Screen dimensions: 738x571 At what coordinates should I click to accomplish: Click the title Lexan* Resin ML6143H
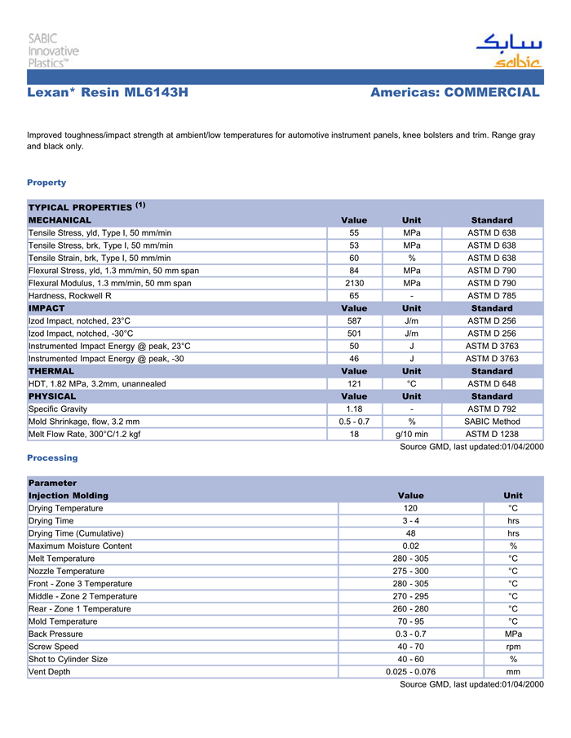(108, 93)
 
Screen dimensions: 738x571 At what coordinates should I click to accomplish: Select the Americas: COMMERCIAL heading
(454, 93)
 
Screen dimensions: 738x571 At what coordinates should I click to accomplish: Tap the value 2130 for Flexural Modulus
(354, 283)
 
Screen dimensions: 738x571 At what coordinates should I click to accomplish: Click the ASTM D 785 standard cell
(491, 295)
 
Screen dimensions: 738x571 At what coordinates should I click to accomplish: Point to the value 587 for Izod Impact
(354, 321)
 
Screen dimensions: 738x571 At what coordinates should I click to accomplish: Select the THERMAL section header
(51, 371)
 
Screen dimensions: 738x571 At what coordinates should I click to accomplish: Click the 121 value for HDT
(354, 384)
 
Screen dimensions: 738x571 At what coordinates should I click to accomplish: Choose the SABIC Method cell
(491, 422)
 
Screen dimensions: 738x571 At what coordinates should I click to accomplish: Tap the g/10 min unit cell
(411, 435)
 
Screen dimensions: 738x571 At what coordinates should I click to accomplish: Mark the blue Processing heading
(52, 458)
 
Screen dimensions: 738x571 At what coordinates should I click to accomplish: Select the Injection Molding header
(69, 496)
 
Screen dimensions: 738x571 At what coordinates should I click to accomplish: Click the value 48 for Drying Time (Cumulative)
(410, 533)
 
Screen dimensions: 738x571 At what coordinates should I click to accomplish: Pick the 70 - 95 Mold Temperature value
(410, 621)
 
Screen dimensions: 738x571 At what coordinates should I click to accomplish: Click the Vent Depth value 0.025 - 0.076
(410, 672)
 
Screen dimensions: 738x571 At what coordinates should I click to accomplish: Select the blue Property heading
(46, 183)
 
